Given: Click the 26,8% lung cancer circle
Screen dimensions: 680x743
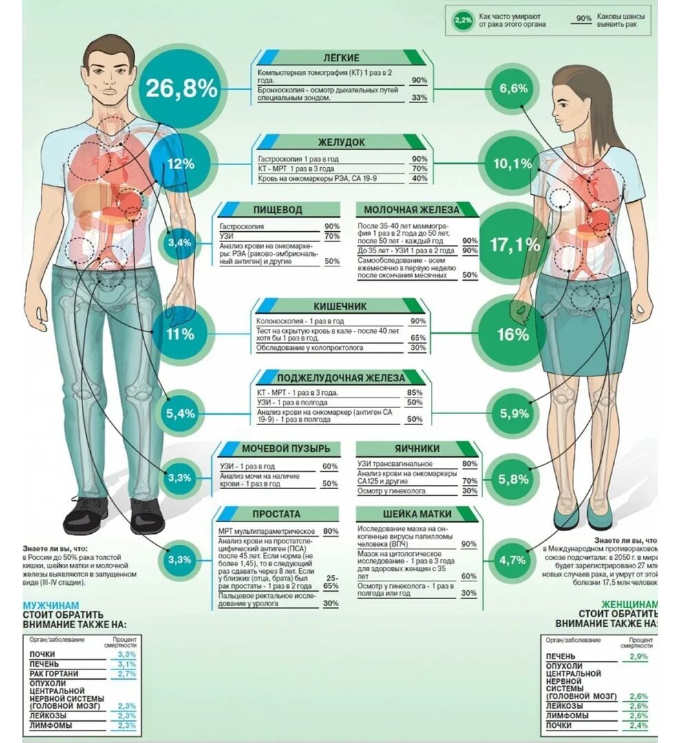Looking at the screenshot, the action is click(180, 88).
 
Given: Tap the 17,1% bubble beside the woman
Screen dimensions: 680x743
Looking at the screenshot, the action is click(514, 244).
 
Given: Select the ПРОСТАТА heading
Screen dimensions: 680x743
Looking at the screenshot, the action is click(276, 514).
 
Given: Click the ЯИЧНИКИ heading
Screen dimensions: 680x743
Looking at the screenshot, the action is click(417, 449).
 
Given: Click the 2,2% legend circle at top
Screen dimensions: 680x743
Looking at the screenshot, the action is click(463, 20).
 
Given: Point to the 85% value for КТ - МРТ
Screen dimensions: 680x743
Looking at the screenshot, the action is click(414, 393).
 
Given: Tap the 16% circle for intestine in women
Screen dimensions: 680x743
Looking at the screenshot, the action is click(513, 335).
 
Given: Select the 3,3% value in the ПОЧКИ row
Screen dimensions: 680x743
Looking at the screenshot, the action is click(126, 654).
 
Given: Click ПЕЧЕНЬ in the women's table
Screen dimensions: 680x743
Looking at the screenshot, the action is click(561, 656).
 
